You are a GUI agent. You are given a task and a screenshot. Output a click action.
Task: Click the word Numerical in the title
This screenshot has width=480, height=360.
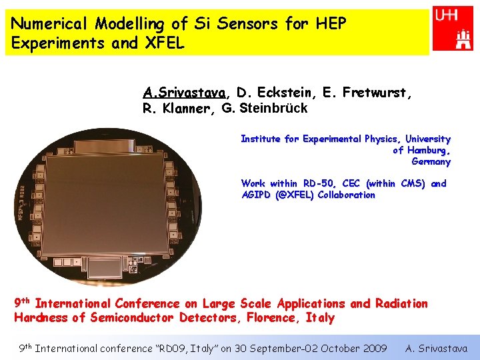point(49,24)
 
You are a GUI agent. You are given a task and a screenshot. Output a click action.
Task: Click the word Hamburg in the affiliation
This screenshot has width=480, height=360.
point(427,150)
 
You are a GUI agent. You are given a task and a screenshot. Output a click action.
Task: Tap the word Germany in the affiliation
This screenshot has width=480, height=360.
point(431,161)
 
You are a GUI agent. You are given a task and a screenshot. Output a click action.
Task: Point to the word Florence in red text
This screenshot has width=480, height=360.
point(269,318)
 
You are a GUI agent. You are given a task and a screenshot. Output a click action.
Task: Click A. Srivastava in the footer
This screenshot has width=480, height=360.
point(437,348)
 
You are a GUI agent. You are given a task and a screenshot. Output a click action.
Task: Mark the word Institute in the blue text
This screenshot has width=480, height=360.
point(261,139)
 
